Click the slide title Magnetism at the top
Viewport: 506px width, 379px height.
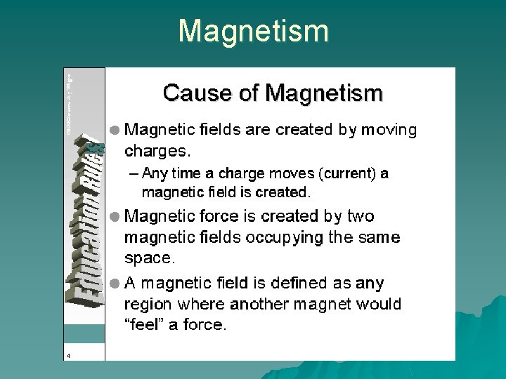click(x=253, y=32)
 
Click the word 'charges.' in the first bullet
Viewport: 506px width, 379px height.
click(x=157, y=151)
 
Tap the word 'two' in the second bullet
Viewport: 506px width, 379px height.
click(x=360, y=216)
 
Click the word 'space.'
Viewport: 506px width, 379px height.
click(x=149, y=258)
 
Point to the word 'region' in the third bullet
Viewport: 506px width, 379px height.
click(x=148, y=305)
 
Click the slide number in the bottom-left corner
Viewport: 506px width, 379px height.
click(x=68, y=355)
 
